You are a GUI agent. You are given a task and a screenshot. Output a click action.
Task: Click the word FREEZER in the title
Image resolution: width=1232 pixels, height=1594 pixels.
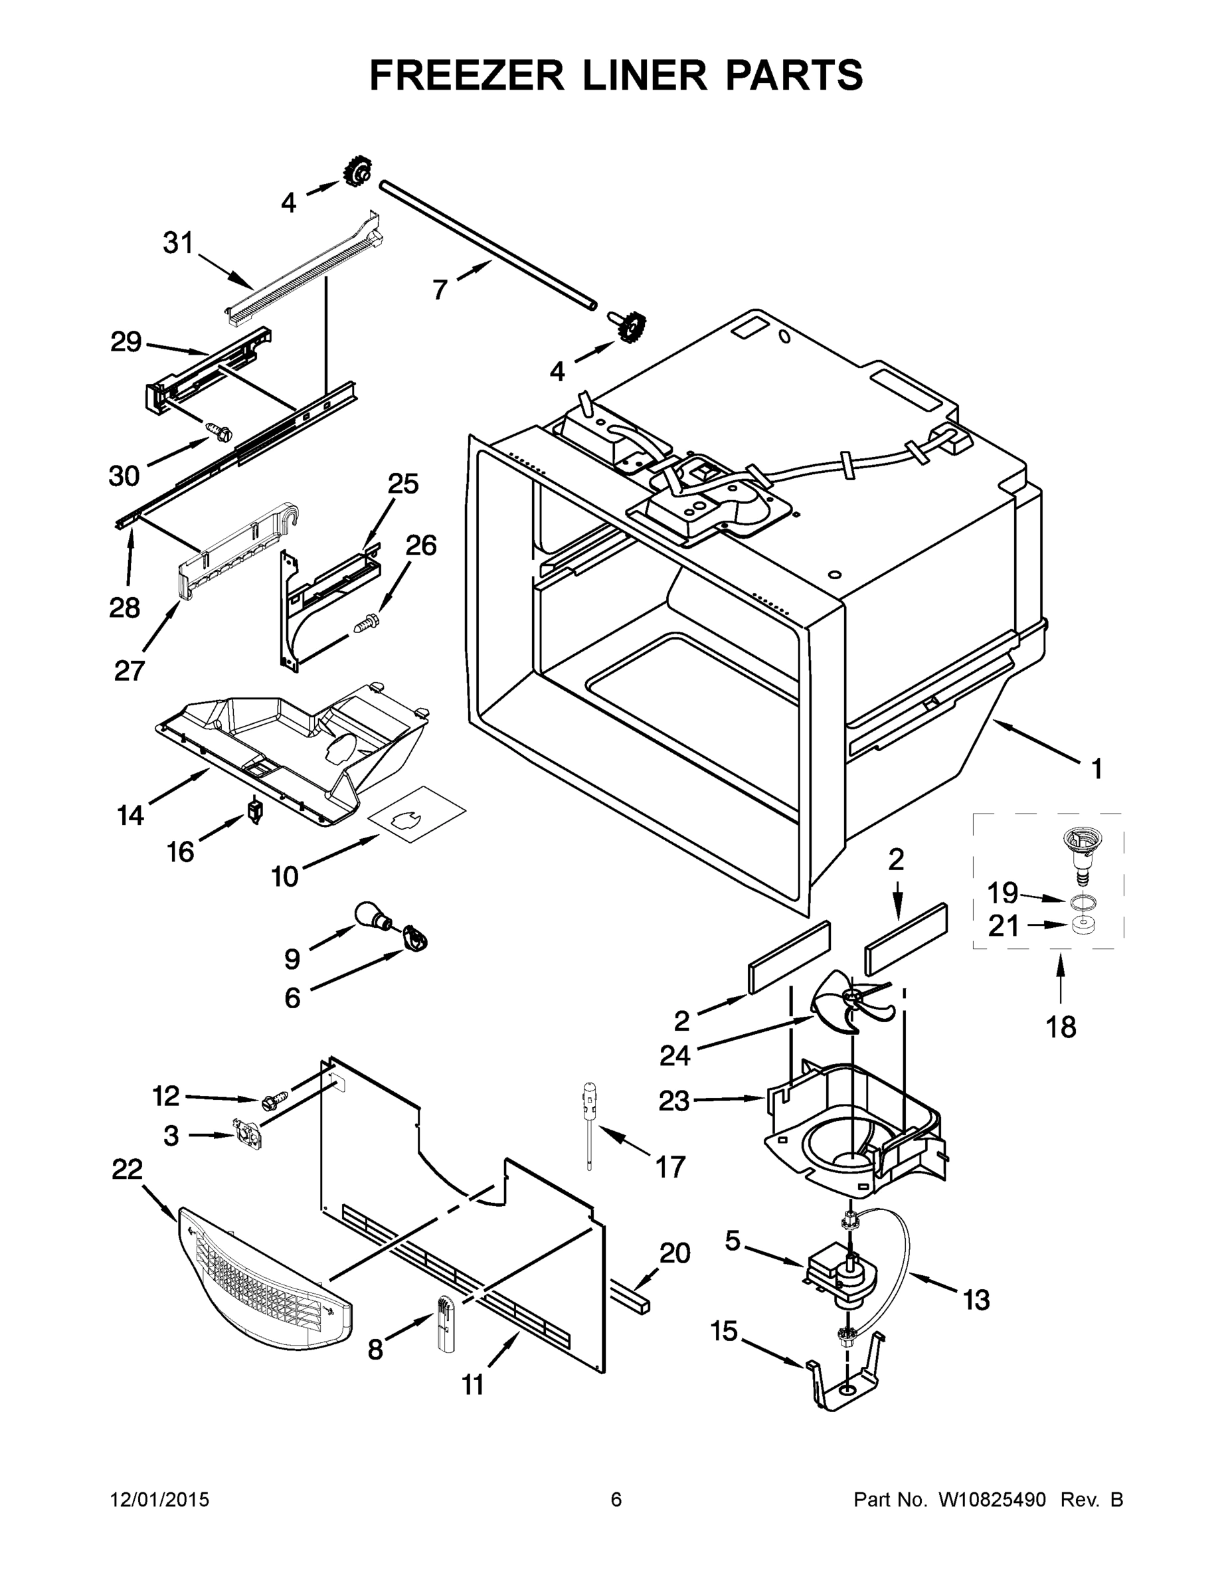(467, 75)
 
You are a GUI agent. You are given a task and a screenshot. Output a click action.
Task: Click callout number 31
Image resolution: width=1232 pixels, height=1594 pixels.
(178, 243)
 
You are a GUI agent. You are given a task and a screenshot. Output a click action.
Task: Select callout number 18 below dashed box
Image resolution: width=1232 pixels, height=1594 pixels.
(1061, 1027)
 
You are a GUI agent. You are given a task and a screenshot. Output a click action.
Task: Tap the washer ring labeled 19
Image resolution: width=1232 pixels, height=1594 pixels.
(1085, 903)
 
